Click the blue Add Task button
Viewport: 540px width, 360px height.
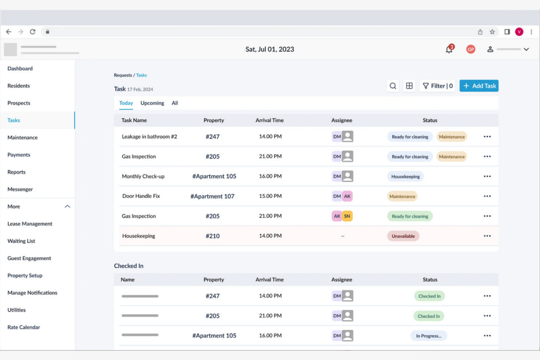pos(479,86)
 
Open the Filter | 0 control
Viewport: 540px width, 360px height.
pos(437,86)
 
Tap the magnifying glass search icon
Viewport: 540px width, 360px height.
pos(393,86)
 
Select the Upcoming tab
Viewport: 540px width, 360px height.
pos(152,103)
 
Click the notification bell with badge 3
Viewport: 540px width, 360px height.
pos(449,49)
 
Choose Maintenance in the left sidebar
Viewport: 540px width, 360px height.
pos(23,138)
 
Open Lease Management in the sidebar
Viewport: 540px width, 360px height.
pos(30,224)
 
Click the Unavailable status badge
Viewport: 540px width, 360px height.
pos(403,236)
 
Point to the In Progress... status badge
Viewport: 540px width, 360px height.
pos(428,336)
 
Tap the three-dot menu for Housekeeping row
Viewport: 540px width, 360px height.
pos(487,236)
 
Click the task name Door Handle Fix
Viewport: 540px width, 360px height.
pos(141,196)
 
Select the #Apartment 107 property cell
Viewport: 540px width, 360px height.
pos(212,196)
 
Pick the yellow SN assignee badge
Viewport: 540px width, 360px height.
pos(347,216)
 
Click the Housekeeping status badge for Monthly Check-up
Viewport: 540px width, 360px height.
pos(405,177)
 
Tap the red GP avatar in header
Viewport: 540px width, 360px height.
pos(470,49)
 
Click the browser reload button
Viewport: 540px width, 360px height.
pos(32,32)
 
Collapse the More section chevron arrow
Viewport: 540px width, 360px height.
pos(67,206)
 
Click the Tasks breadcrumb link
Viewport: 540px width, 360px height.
pos(141,75)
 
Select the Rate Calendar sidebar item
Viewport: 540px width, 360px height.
pos(24,327)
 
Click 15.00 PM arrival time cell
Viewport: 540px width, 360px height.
pos(270,196)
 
